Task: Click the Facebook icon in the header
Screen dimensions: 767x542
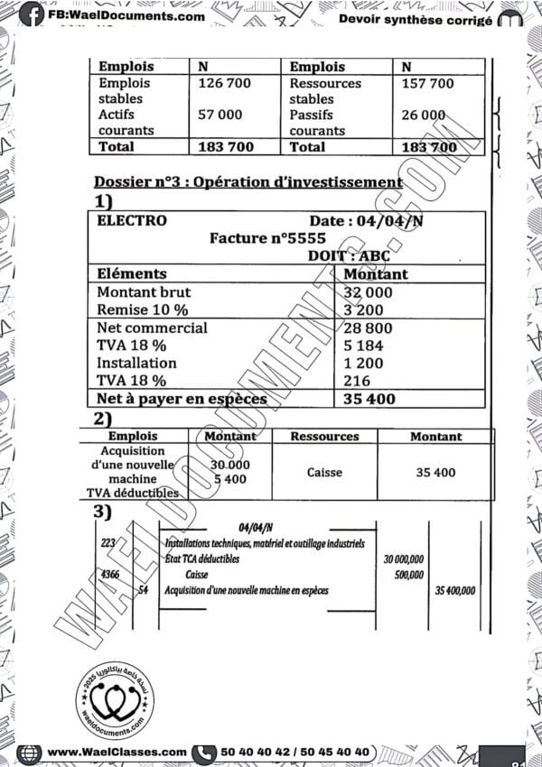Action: pos(31,14)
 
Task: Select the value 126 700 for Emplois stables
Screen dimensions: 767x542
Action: pos(225,84)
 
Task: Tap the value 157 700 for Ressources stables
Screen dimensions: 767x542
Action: pos(427,84)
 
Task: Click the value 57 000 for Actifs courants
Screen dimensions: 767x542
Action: pos(220,115)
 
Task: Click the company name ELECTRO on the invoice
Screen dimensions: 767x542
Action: pos(132,220)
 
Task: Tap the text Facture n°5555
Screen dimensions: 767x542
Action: pos(267,238)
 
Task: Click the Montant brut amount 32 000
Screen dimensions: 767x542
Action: pos(368,292)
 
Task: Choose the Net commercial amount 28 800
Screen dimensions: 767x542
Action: pos(368,328)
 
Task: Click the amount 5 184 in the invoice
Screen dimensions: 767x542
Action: pos(363,346)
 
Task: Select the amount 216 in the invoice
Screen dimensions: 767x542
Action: pos(358,381)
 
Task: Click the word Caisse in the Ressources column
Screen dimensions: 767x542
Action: pos(324,472)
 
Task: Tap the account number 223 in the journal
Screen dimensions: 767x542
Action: pos(109,543)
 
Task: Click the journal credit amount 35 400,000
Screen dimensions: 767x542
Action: pos(454,591)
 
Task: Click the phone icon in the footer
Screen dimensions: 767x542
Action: pos(206,752)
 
